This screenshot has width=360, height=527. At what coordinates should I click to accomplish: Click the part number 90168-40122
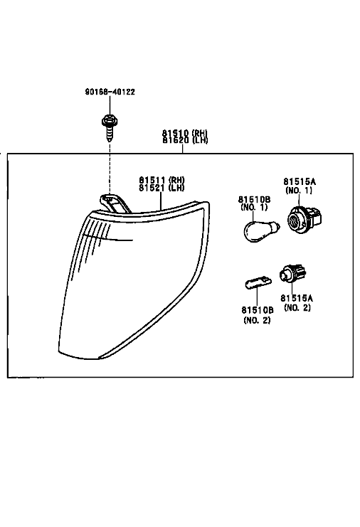110,92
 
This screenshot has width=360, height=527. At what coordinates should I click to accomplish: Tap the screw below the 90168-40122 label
110,128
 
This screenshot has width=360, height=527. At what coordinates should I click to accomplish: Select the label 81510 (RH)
185,133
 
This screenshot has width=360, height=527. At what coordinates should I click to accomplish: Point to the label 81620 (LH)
185,140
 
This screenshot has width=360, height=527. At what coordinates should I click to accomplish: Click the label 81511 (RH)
162,180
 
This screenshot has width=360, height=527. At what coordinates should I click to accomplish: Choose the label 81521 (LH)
162,188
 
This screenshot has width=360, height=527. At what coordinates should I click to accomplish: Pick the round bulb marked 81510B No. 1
261,230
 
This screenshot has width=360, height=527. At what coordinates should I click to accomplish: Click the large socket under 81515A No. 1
305,218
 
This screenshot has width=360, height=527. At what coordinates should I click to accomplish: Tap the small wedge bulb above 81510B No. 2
258,282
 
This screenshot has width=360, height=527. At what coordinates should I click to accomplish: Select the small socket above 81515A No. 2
293,274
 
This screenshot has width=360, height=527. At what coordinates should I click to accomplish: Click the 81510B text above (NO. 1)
255,200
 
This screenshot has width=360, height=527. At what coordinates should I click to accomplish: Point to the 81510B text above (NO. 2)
257,310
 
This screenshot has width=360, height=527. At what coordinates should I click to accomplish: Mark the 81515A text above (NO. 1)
300,182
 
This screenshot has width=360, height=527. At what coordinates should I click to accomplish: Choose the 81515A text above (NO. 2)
297,298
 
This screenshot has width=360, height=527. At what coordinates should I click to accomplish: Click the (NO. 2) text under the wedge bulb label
257,320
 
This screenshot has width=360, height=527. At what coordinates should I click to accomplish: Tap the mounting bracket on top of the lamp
115,203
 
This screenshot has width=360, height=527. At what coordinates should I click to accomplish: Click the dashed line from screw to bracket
110,168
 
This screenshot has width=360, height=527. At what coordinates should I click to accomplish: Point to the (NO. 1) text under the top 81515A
299,190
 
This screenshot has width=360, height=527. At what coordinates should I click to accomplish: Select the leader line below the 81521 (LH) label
161,201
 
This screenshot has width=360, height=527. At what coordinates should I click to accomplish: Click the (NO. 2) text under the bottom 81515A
297,307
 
